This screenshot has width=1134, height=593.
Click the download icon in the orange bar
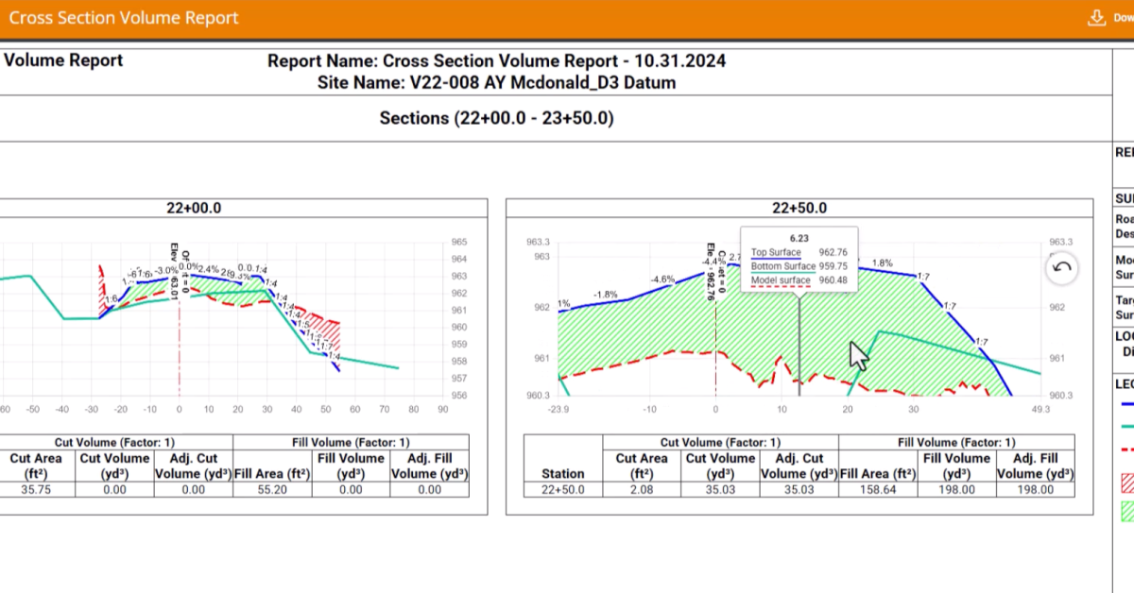[x=1097, y=18]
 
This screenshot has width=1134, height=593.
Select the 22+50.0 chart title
[x=799, y=208]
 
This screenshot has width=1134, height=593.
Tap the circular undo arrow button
[x=1061, y=268]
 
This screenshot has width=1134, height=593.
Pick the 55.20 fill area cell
[x=271, y=489]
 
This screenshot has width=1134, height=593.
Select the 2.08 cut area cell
[x=640, y=489]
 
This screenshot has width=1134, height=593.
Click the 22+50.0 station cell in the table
[x=563, y=489]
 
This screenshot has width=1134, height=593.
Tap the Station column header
[x=563, y=473]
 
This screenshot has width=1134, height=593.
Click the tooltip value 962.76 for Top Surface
[x=833, y=252]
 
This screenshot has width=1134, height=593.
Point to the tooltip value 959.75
[x=833, y=266]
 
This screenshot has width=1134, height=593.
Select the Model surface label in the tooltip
[x=781, y=280]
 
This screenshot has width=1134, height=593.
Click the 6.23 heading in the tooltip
[x=799, y=238]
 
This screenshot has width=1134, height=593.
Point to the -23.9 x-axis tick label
[x=558, y=409]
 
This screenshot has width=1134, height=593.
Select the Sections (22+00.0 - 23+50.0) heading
[x=496, y=118]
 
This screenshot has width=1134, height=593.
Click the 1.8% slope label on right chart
[x=882, y=263]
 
